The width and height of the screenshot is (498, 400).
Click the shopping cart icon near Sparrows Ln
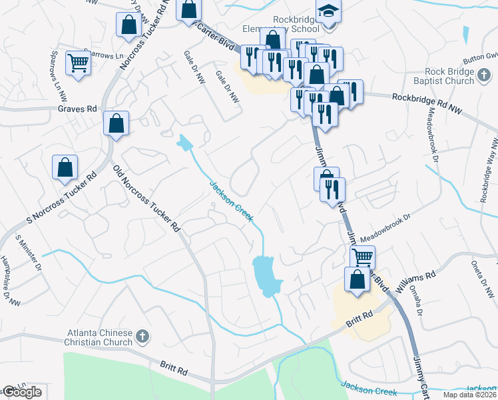79,64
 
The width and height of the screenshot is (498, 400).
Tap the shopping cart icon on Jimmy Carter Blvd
362,257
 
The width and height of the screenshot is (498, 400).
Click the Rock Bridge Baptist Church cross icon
485,81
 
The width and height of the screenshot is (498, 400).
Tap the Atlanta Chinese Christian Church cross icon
140,337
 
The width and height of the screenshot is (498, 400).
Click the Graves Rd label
77,109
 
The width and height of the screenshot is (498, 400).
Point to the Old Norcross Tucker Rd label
147,198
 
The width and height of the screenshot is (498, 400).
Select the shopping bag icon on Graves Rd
116,123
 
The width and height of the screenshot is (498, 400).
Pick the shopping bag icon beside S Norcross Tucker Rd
65,167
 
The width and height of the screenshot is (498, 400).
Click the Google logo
22,392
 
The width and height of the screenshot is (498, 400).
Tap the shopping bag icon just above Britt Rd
357,279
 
